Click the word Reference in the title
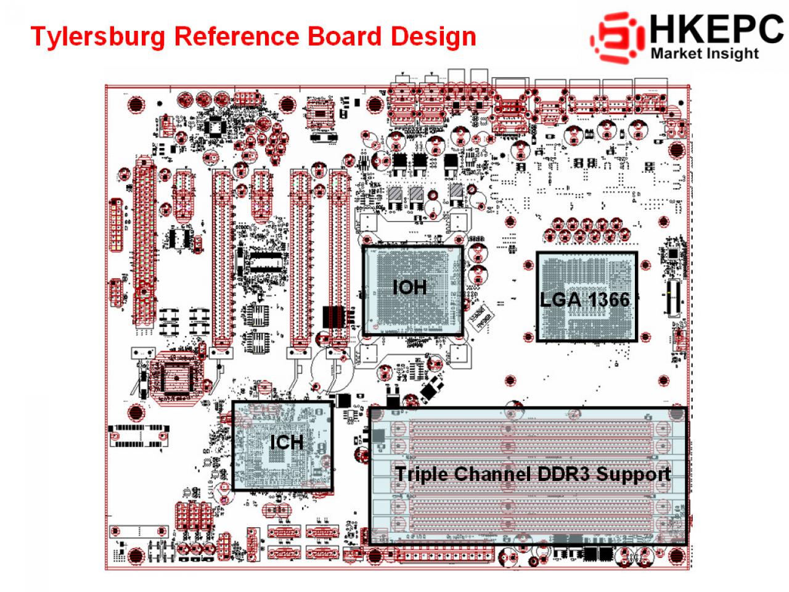(x=237, y=36)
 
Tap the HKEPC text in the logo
(x=717, y=29)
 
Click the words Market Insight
(x=705, y=54)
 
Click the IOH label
(x=409, y=287)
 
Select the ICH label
(x=287, y=442)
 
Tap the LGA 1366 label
(x=584, y=300)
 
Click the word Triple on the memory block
(x=421, y=474)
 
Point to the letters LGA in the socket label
(x=560, y=300)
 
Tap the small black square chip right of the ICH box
(x=343, y=400)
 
